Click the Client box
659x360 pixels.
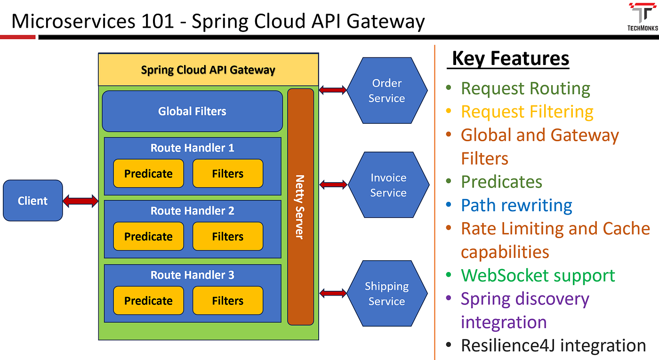click(32, 200)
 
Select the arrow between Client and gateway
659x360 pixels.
click(80, 201)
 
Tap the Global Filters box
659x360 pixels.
click(192, 111)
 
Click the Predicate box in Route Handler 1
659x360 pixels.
click(148, 174)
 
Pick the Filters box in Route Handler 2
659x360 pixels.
click(227, 236)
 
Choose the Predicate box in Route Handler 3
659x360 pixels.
click(148, 301)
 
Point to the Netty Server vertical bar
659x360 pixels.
click(300, 207)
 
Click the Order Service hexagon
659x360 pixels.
click(386, 90)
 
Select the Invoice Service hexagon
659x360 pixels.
click(388, 185)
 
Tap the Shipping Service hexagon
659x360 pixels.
click(386, 294)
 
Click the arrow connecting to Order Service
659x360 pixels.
click(333, 90)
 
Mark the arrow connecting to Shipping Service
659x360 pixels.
click(333, 293)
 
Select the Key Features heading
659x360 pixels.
click(510, 59)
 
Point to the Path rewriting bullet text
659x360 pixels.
click(516, 205)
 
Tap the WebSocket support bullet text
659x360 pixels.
click(538, 275)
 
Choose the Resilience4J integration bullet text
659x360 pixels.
click(553, 345)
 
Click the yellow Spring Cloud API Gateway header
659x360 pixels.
click(208, 70)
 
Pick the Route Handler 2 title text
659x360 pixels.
click(192, 211)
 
